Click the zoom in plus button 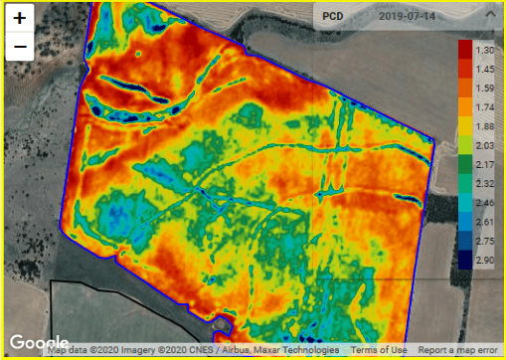coord(20,19)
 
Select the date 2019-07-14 coord(409,17)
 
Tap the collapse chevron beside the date coord(486,17)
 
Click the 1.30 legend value coord(485,49)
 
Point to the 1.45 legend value coord(485,69)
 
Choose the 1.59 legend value coord(485,88)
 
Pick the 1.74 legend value coord(485,106)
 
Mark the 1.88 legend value coord(485,125)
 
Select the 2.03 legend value coord(485,145)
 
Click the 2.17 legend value coord(485,164)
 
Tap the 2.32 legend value coord(485,183)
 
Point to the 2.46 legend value coord(485,202)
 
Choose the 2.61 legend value coord(485,222)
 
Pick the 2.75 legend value coord(485,241)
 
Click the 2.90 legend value coord(485,260)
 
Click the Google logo coord(39,343)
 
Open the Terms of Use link coord(379,351)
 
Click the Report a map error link coord(458,351)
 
